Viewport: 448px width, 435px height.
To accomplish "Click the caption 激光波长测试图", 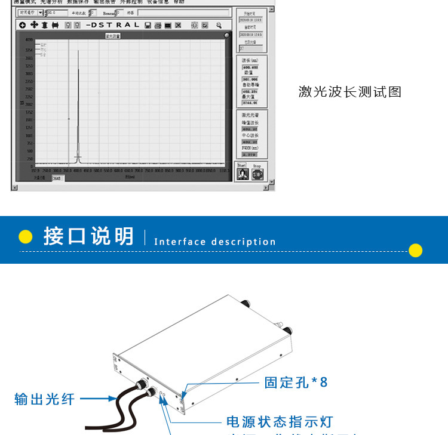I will coord(349,92).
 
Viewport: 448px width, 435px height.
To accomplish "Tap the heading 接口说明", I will coord(88,236).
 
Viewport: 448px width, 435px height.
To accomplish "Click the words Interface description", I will coord(215,242).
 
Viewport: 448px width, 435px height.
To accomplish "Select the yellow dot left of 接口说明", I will coord(25,237).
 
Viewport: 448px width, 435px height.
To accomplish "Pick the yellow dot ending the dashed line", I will coord(415,250).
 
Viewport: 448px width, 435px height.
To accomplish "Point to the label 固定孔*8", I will coord(296,382).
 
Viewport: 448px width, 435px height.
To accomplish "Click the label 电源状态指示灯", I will coord(279,422).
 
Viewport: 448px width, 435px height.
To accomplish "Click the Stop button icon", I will coord(257,175).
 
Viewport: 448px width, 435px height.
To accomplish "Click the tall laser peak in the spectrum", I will coord(78,107).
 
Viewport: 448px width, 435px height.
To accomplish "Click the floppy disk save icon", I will coord(147,26).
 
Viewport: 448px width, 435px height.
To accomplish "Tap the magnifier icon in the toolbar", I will coord(219,26).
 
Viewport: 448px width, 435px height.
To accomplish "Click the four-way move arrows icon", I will coord(34,25).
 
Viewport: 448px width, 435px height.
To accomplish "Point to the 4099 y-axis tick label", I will coord(29,40).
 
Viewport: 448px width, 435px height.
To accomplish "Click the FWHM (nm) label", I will coord(250,147).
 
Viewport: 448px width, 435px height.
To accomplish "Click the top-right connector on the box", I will coord(244,303).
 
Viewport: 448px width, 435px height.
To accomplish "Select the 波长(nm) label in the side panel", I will coord(250,60).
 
